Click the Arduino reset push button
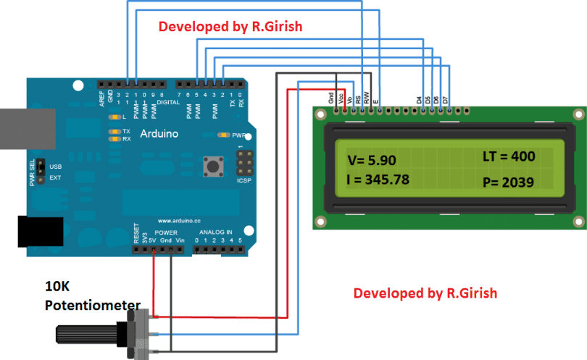click(214, 167)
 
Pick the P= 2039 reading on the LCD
click(508, 183)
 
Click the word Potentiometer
click(92, 304)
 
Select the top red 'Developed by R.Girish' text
click(230, 27)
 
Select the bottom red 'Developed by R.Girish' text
click(425, 293)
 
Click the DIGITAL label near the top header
click(168, 102)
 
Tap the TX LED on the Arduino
click(113, 131)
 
